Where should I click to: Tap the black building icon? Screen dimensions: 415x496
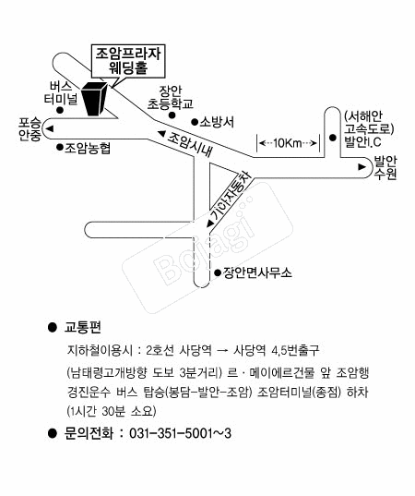click(x=94, y=99)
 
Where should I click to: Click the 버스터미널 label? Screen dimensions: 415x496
click(x=61, y=93)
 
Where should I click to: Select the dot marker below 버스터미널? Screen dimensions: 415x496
click(x=59, y=111)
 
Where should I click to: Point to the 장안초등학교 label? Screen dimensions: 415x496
click(x=170, y=97)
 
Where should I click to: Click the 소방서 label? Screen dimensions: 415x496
click(x=217, y=122)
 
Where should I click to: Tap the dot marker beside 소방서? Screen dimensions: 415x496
click(x=195, y=122)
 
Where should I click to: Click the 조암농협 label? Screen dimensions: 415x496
click(x=88, y=148)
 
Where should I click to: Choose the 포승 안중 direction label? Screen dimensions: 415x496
click(x=30, y=129)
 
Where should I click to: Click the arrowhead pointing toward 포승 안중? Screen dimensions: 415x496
click(x=50, y=128)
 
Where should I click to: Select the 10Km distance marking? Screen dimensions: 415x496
click(x=288, y=143)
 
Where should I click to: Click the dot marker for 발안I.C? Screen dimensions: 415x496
click(x=332, y=138)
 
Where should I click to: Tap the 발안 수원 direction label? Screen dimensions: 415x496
click(x=385, y=168)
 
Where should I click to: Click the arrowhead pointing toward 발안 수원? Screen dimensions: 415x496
click(x=362, y=166)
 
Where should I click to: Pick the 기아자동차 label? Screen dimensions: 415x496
click(x=231, y=196)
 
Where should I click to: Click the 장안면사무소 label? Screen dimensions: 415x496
click(x=257, y=272)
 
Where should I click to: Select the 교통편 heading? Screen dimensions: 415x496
click(x=83, y=327)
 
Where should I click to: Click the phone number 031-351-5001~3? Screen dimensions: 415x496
click(x=181, y=433)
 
